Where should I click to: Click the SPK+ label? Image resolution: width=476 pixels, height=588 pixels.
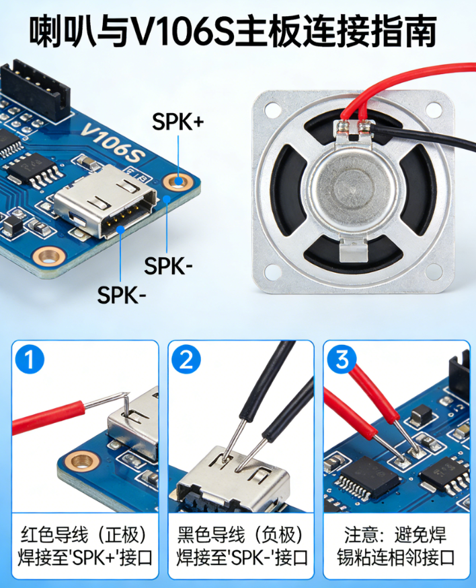(x=178, y=121)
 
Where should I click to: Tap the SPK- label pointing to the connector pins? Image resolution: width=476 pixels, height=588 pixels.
(x=122, y=295)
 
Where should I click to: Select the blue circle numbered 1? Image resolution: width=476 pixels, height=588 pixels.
(x=30, y=359)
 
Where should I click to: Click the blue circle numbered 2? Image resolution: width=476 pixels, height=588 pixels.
(x=186, y=359)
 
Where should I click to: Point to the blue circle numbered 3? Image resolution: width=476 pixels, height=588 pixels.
(x=342, y=359)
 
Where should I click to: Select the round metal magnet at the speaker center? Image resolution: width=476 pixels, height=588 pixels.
(x=352, y=187)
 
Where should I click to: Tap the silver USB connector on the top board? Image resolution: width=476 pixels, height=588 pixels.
(x=106, y=201)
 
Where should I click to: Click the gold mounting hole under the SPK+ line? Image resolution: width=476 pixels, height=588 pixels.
(x=178, y=182)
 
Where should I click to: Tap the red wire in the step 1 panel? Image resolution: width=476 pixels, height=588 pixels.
(x=48, y=417)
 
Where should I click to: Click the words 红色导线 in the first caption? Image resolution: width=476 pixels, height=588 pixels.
(x=54, y=535)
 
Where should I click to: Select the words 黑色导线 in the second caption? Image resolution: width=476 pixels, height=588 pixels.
(x=211, y=535)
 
